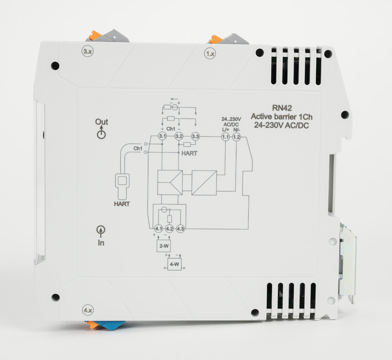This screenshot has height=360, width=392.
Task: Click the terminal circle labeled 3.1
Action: coord(162,137)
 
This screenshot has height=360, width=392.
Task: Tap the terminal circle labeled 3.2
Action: coord(179,137)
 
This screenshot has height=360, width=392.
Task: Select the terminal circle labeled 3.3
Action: coord(195,137)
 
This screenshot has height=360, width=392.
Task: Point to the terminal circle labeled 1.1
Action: coord(225,137)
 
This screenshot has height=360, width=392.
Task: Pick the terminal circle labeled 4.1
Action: coord(158,229)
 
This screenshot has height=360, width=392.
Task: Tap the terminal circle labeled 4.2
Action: coord(169,229)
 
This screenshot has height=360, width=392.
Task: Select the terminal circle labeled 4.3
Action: coord(181,229)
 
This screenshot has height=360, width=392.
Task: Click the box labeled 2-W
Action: coord(163,245)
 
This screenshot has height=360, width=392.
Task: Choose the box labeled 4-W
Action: coord(175,264)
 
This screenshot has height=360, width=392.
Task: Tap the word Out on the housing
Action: coord(101,122)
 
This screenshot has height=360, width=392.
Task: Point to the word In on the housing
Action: coord(101,243)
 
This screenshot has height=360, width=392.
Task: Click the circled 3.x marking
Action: coord(88,51)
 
